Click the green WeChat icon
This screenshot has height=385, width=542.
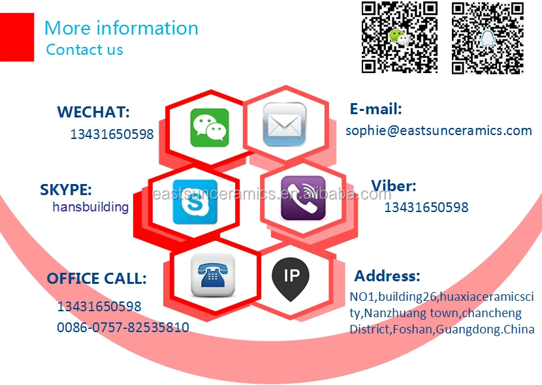[x=209, y=127]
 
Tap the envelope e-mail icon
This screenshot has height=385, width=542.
[x=284, y=125]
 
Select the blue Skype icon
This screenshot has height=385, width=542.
[x=195, y=202]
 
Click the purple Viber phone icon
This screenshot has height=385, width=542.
[x=303, y=198]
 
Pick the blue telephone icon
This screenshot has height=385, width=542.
[x=213, y=275]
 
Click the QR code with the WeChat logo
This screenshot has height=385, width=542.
[x=400, y=37]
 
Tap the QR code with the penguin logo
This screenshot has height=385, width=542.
[x=488, y=37]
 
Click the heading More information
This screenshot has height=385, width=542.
[x=121, y=28]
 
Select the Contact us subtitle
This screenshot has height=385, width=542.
[x=84, y=50]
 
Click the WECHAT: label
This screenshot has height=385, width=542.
[x=93, y=112]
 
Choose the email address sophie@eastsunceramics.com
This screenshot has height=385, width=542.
[x=439, y=131]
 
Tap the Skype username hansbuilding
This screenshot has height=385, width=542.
[x=91, y=207]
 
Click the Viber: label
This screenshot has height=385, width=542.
[x=393, y=186]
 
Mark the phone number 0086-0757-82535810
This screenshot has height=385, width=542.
[x=123, y=328]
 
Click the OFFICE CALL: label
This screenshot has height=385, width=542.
[x=97, y=279]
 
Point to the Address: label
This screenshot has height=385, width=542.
[x=387, y=276]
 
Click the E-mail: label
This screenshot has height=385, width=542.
[x=375, y=109]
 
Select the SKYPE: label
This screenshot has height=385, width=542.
[x=66, y=190]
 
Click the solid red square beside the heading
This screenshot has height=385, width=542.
[x=17, y=37]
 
